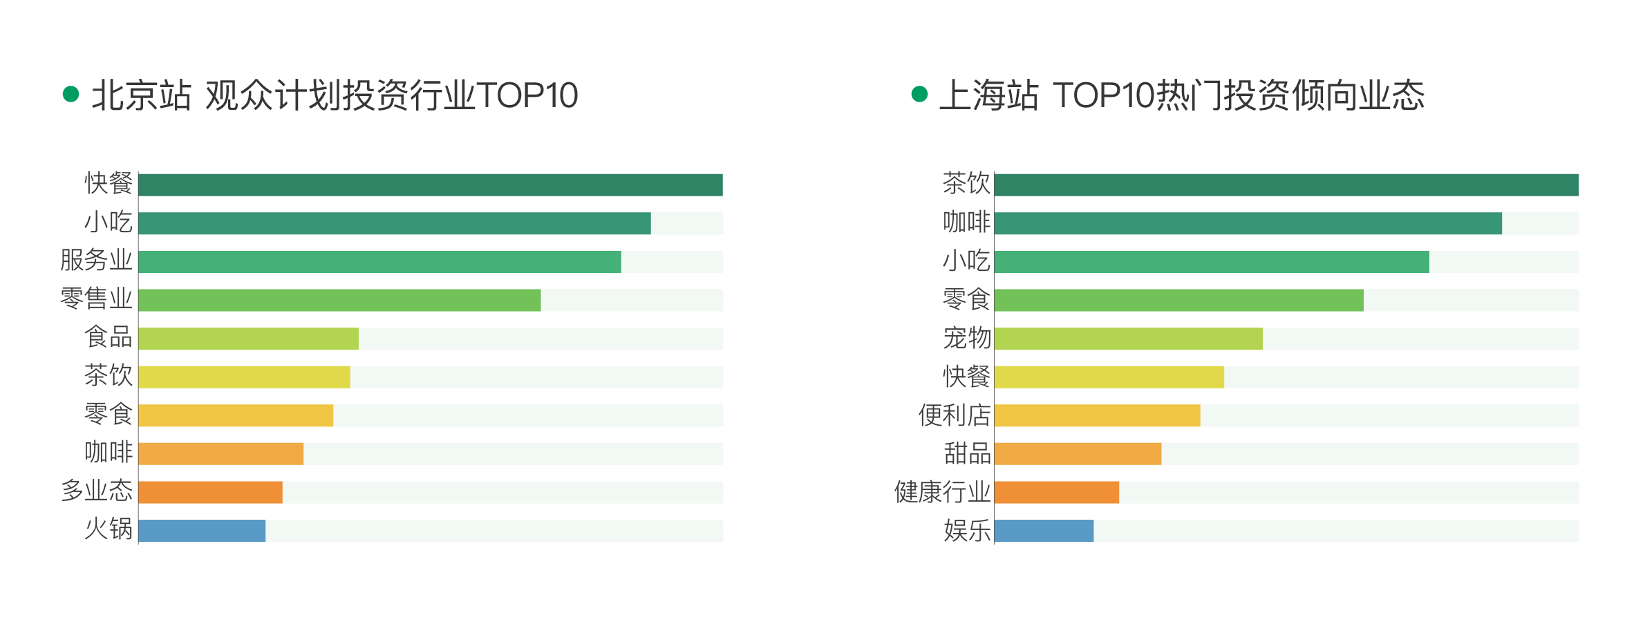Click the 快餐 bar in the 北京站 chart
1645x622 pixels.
pyautogui.click(x=430, y=185)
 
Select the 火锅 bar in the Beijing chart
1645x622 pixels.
pyautogui.click(x=202, y=531)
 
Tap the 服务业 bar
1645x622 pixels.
pyautogui.click(x=379, y=262)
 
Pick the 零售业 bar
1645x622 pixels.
pyautogui.click(x=339, y=301)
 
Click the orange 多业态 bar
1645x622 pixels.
pyautogui.click(x=210, y=492)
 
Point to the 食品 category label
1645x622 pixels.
pyautogui.click(x=109, y=337)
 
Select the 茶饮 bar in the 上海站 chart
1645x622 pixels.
pyautogui.click(x=1286, y=185)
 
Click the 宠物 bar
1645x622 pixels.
pyautogui.click(x=1128, y=339)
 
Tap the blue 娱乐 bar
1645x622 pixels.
pyautogui.click(x=1044, y=531)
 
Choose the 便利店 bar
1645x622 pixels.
pyautogui.click(x=1097, y=415)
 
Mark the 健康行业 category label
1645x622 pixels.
pyautogui.click(x=942, y=492)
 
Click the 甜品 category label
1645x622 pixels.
pyautogui.click(x=967, y=454)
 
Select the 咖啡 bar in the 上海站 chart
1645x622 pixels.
pyautogui.click(x=1248, y=223)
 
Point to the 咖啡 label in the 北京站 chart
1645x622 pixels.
pyautogui.click(x=109, y=453)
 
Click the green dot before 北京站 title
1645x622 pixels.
pyautogui.click(x=70, y=94)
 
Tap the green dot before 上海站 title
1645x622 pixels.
pyautogui.click(x=919, y=94)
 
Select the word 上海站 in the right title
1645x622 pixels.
pyautogui.click(x=988, y=95)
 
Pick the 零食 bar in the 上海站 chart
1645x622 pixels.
pyautogui.click(x=1178, y=301)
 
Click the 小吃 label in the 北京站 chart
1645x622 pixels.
pyautogui.click(x=109, y=223)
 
